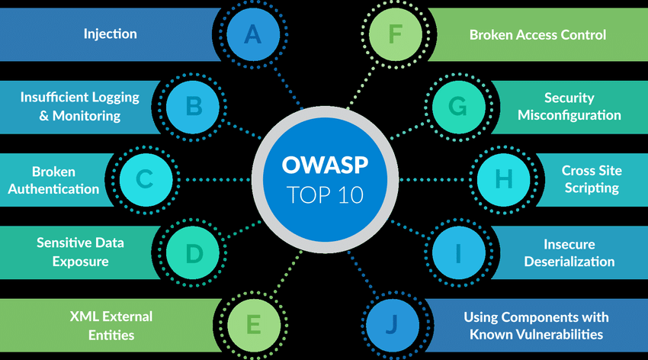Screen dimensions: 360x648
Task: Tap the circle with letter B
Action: pyautogui.click(x=194, y=104)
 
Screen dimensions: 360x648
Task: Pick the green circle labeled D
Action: pyautogui.click(x=194, y=252)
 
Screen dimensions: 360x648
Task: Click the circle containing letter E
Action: pyautogui.click(x=253, y=325)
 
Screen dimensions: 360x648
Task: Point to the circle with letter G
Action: pyautogui.click(x=457, y=106)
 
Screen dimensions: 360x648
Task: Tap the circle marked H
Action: pyautogui.click(x=504, y=179)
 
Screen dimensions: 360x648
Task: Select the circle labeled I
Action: pyautogui.click(x=457, y=252)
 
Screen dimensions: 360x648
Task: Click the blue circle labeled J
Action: pyautogui.click(x=390, y=325)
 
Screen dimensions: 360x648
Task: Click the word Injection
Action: pyautogui.click(x=111, y=34)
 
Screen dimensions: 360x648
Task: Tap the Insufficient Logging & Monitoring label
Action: pyautogui.click(x=80, y=106)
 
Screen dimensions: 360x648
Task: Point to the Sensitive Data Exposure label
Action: pyautogui.click(x=80, y=252)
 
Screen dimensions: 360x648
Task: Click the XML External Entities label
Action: pyautogui.click(x=111, y=325)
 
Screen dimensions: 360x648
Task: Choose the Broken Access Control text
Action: pyautogui.click(x=537, y=34)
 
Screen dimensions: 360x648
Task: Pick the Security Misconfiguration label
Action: pyautogui.click(x=569, y=107)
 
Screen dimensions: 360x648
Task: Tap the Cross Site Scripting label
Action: pyautogui.click(x=590, y=179)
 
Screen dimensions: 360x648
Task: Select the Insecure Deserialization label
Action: pyautogui.click(x=569, y=252)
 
